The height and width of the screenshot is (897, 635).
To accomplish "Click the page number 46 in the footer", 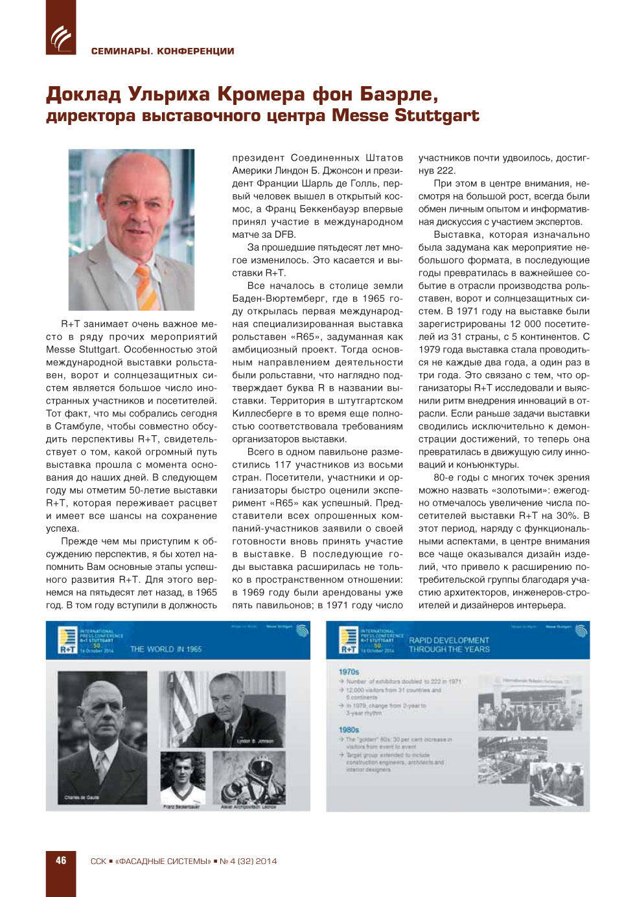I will click(61, 861).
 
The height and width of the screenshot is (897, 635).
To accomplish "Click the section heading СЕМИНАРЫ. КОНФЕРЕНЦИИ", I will click(163, 51).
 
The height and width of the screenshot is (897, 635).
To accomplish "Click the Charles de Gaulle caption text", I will click(82, 797).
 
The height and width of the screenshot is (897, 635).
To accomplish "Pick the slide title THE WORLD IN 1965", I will click(166, 649).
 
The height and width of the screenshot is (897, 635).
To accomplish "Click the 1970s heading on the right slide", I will click(349, 672).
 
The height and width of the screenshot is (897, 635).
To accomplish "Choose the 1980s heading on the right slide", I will click(349, 730).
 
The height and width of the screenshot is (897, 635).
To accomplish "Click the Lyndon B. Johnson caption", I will click(255, 741).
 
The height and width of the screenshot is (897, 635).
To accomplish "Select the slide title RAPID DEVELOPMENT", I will click(449, 640).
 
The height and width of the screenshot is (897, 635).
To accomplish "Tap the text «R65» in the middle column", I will click(306, 337).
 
